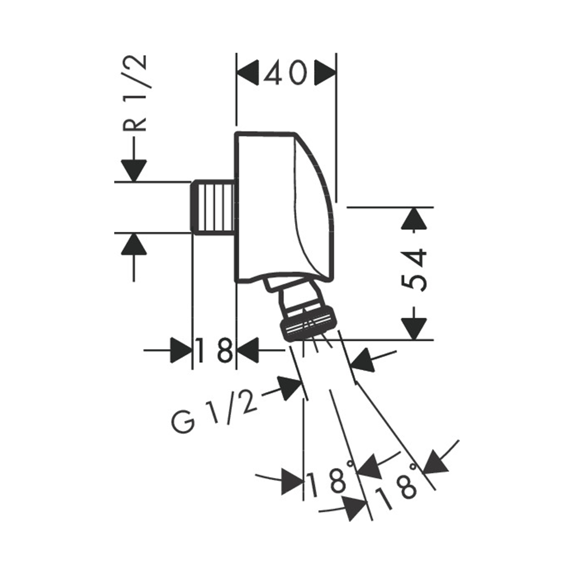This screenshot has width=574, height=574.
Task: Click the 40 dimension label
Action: [285, 73]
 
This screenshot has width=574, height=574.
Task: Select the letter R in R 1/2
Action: [135, 120]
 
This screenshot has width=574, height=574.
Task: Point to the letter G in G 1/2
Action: [183, 422]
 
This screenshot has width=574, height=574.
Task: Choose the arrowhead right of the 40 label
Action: [325, 73]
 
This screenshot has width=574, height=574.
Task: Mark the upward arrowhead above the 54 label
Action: [414, 219]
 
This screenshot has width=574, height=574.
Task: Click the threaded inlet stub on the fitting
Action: [213, 207]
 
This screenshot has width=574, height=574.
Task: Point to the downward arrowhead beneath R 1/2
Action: [134, 170]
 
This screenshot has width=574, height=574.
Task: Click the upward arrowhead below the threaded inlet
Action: [134, 244]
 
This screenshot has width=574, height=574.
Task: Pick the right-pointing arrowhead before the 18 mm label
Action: [181, 350]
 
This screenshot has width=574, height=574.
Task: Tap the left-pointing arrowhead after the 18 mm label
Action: [248, 350]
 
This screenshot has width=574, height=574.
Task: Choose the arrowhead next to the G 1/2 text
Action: [290, 388]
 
